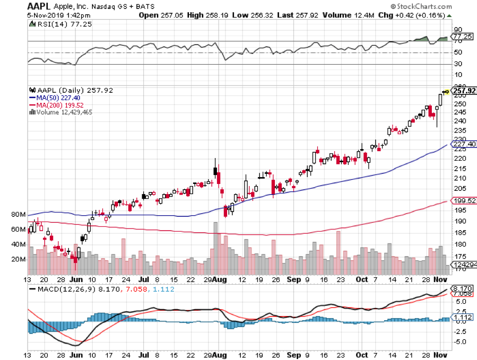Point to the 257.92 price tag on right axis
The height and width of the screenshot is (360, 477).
tap(463, 90)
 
